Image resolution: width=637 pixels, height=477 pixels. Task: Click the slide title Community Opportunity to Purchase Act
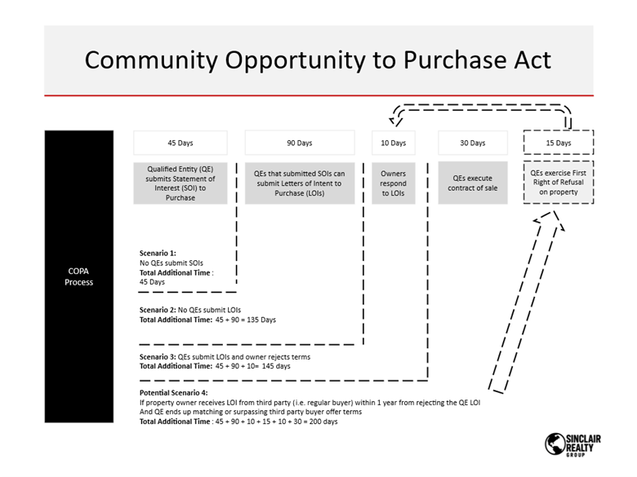(x=318, y=60)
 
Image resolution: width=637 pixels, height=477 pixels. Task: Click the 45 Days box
(x=180, y=143)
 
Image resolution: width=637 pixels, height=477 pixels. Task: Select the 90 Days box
(x=299, y=143)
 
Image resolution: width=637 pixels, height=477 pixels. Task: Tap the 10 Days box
(x=393, y=143)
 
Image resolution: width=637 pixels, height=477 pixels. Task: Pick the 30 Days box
(x=472, y=143)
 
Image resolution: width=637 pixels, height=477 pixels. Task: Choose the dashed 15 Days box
(x=559, y=143)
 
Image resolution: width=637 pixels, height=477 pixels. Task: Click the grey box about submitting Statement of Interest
(x=180, y=183)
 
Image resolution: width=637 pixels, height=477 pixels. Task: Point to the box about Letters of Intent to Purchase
(x=299, y=183)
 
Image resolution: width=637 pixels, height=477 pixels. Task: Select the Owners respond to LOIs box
(x=393, y=183)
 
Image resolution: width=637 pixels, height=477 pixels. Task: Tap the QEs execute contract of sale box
(x=472, y=183)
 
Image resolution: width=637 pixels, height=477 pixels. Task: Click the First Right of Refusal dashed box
(x=559, y=183)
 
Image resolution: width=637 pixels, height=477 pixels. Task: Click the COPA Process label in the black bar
(x=79, y=276)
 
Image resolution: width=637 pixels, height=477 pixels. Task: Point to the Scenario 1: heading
(x=158, y=254)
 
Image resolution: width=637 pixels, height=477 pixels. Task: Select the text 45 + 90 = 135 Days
(x=245, y=320)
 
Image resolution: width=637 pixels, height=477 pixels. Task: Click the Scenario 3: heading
(x=158, y=356)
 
